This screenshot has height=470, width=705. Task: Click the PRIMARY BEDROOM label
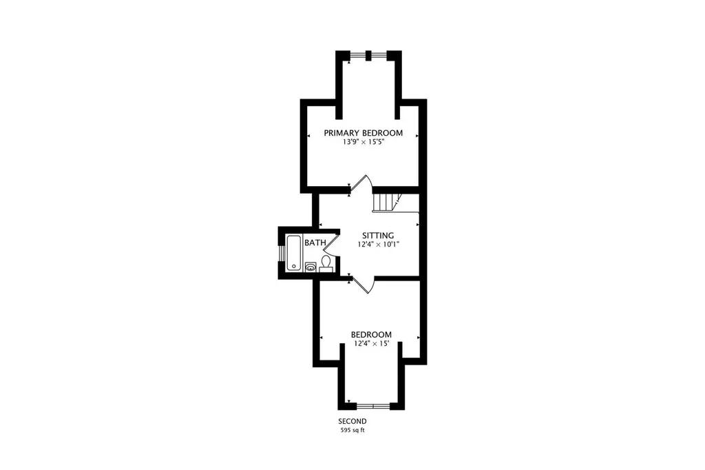(364, 133)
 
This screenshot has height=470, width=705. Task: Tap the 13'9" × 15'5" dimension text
(364, 142)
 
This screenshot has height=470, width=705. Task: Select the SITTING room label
(378, 236)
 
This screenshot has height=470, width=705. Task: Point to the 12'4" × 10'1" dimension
(379, 245)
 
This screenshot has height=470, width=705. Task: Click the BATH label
(315, 243)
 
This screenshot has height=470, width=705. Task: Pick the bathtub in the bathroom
(294, 253)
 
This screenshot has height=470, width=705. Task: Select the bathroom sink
(311, 267)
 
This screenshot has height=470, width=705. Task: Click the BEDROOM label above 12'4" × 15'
(371, 334)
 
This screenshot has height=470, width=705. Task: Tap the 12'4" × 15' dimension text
(371, 343)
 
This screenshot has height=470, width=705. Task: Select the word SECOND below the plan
(352, 421)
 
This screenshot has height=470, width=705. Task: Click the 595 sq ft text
(352, 431)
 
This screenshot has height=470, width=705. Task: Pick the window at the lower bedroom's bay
(373, 407)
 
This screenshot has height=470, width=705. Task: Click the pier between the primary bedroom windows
(368, 56)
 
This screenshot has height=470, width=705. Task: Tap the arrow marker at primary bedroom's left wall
(309, 136)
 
